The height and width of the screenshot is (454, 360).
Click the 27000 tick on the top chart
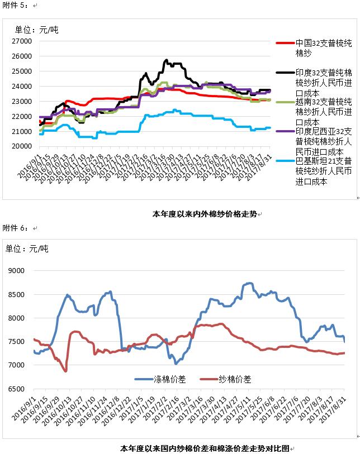(23, 41)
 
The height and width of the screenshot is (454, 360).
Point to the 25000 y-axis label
(23, 71)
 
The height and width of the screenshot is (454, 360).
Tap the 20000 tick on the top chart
(23, 146)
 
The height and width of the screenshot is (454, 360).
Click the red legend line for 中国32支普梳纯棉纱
(285, 42)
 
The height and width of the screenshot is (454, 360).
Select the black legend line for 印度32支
(285, 73)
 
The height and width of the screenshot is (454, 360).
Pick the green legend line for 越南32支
(285, 102)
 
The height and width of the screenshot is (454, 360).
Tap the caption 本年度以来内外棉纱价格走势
(205, 213)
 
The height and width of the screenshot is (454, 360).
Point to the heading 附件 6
(15, 228)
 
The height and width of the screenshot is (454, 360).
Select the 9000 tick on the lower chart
(18, 270)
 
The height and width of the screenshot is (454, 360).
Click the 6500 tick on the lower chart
(18, 389)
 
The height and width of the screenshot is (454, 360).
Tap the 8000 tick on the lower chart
(18, 318)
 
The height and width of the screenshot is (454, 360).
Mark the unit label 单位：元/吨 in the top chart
(36, 30)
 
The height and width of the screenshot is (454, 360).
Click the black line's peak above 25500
(166, 60)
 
